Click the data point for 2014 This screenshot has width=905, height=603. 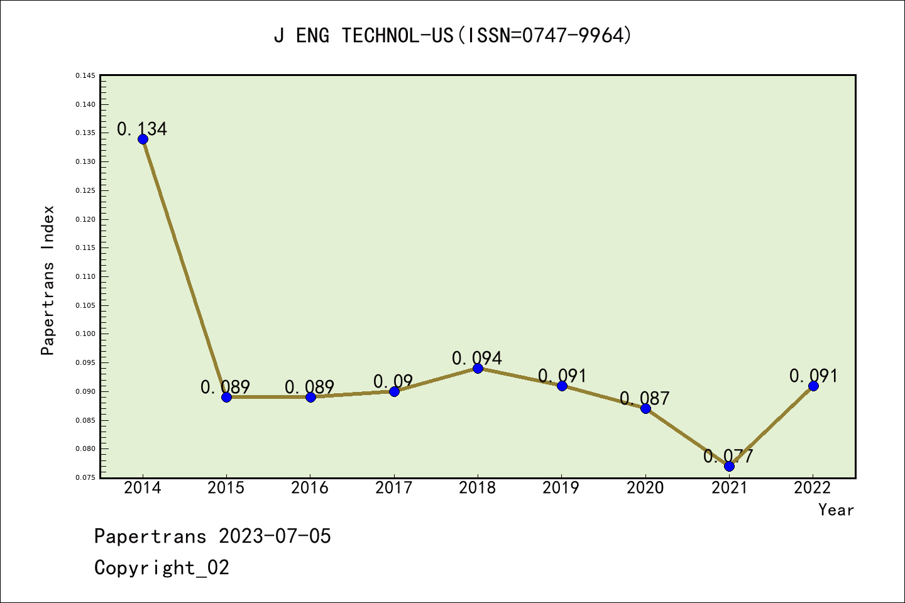pos(143,139)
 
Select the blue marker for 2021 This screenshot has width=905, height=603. pos(729,466)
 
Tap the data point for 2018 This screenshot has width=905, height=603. pos(478,368)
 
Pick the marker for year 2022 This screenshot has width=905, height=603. pos(813,386)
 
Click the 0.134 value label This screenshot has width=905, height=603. pos(142,129)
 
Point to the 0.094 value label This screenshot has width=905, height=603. pos(477,358)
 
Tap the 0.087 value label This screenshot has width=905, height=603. pos(645,398)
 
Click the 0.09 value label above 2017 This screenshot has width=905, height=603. pos(393,381)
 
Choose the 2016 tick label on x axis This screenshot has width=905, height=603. pos(310,488)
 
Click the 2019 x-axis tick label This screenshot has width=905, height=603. pos(561,488)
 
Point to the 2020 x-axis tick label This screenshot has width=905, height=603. pos(645,488)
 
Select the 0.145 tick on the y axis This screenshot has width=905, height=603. pos(85,76)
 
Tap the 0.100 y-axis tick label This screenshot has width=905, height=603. pos(85,334)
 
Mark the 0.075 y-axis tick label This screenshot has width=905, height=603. pos(85,478)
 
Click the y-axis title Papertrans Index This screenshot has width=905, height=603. pos(48,280)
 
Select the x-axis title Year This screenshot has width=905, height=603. pos(836,510)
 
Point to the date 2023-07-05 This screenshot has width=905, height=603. pos(275,536)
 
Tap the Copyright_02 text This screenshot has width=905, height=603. pos(162,568)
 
